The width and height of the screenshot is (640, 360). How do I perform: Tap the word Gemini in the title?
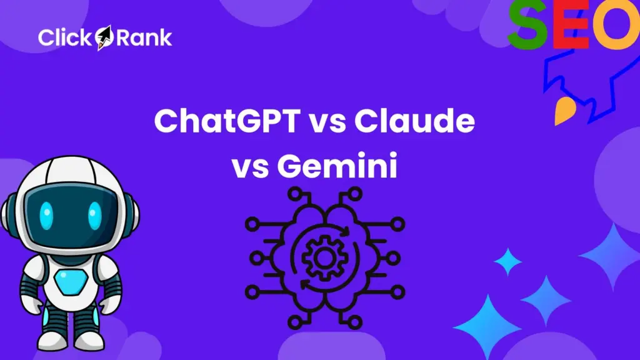[338, 166]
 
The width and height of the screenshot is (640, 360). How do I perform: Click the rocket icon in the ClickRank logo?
[104, 37]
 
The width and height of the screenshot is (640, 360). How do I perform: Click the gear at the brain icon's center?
[320, 256]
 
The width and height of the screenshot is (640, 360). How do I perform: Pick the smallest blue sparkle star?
[508, 261]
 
